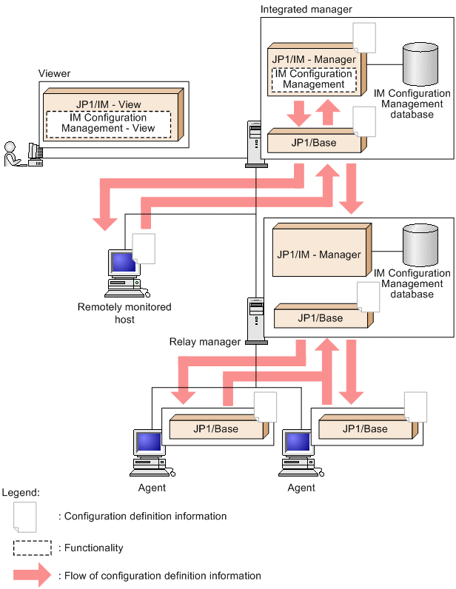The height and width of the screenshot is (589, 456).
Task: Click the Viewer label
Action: [x=54, y=73]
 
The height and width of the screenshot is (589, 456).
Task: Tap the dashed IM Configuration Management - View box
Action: [x=108, y=123]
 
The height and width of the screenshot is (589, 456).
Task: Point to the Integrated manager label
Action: [x=306, y=9]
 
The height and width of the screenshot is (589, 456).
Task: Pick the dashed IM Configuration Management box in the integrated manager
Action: [x=313, y=79]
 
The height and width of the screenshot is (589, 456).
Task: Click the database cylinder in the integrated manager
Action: [x=420, y=66]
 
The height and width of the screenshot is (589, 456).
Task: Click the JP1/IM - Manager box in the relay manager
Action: [x=318, y=255]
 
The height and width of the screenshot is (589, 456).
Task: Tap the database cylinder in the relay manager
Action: [x=421, y=247]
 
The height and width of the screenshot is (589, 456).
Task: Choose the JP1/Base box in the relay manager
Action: [x=320, y=317]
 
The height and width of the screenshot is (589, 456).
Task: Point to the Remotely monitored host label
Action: [x=124, y=313]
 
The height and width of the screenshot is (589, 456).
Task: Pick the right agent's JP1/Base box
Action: [x=364, y=428]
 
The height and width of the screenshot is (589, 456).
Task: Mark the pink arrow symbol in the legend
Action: [x=33, y=575]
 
